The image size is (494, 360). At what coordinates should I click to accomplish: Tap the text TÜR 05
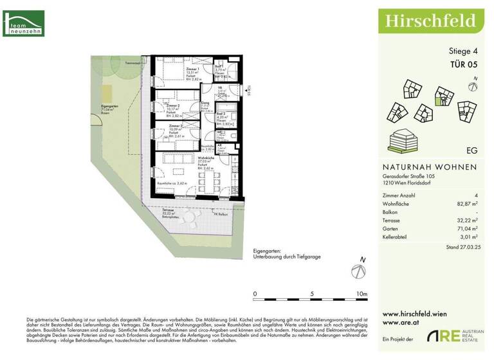pyautogui.click(x=463, y=64)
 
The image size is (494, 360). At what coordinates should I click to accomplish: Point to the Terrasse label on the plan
pyautogui.click(x=169, y=210)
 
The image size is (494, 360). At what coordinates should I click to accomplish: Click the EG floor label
pyautogui.click(x=471, y=150)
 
